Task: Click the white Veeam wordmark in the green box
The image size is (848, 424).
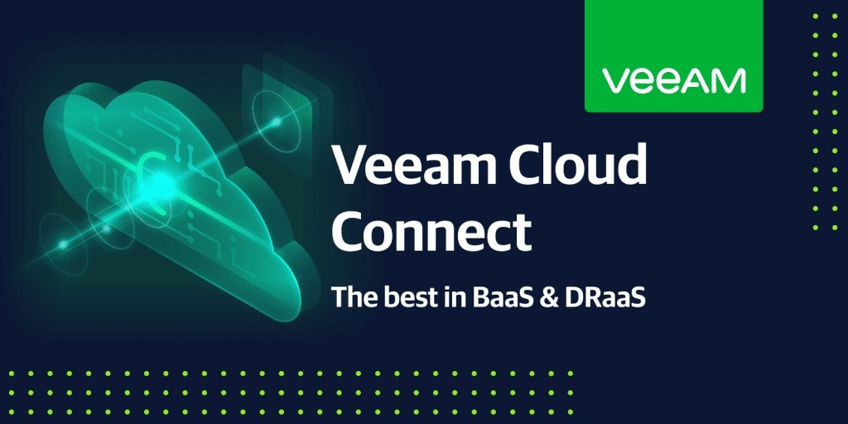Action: pos(673,80)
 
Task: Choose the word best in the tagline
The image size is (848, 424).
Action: pos(402,296)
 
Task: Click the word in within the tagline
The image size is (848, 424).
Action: pos(443,296)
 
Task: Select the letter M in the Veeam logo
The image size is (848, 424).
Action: pos(731,80)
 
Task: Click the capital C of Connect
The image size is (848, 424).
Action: pos(350,233)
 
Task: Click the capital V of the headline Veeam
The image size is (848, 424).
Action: pos(349,166)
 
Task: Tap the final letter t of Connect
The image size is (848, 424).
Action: pos(521,233)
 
